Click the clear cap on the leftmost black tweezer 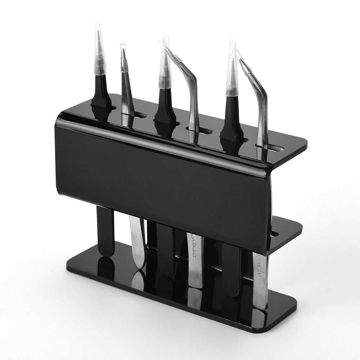pos(100,50)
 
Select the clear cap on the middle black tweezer pos(165,65)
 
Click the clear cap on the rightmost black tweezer pos(232,72)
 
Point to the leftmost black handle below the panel pos(105,230)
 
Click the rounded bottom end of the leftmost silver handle pos(139,265)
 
